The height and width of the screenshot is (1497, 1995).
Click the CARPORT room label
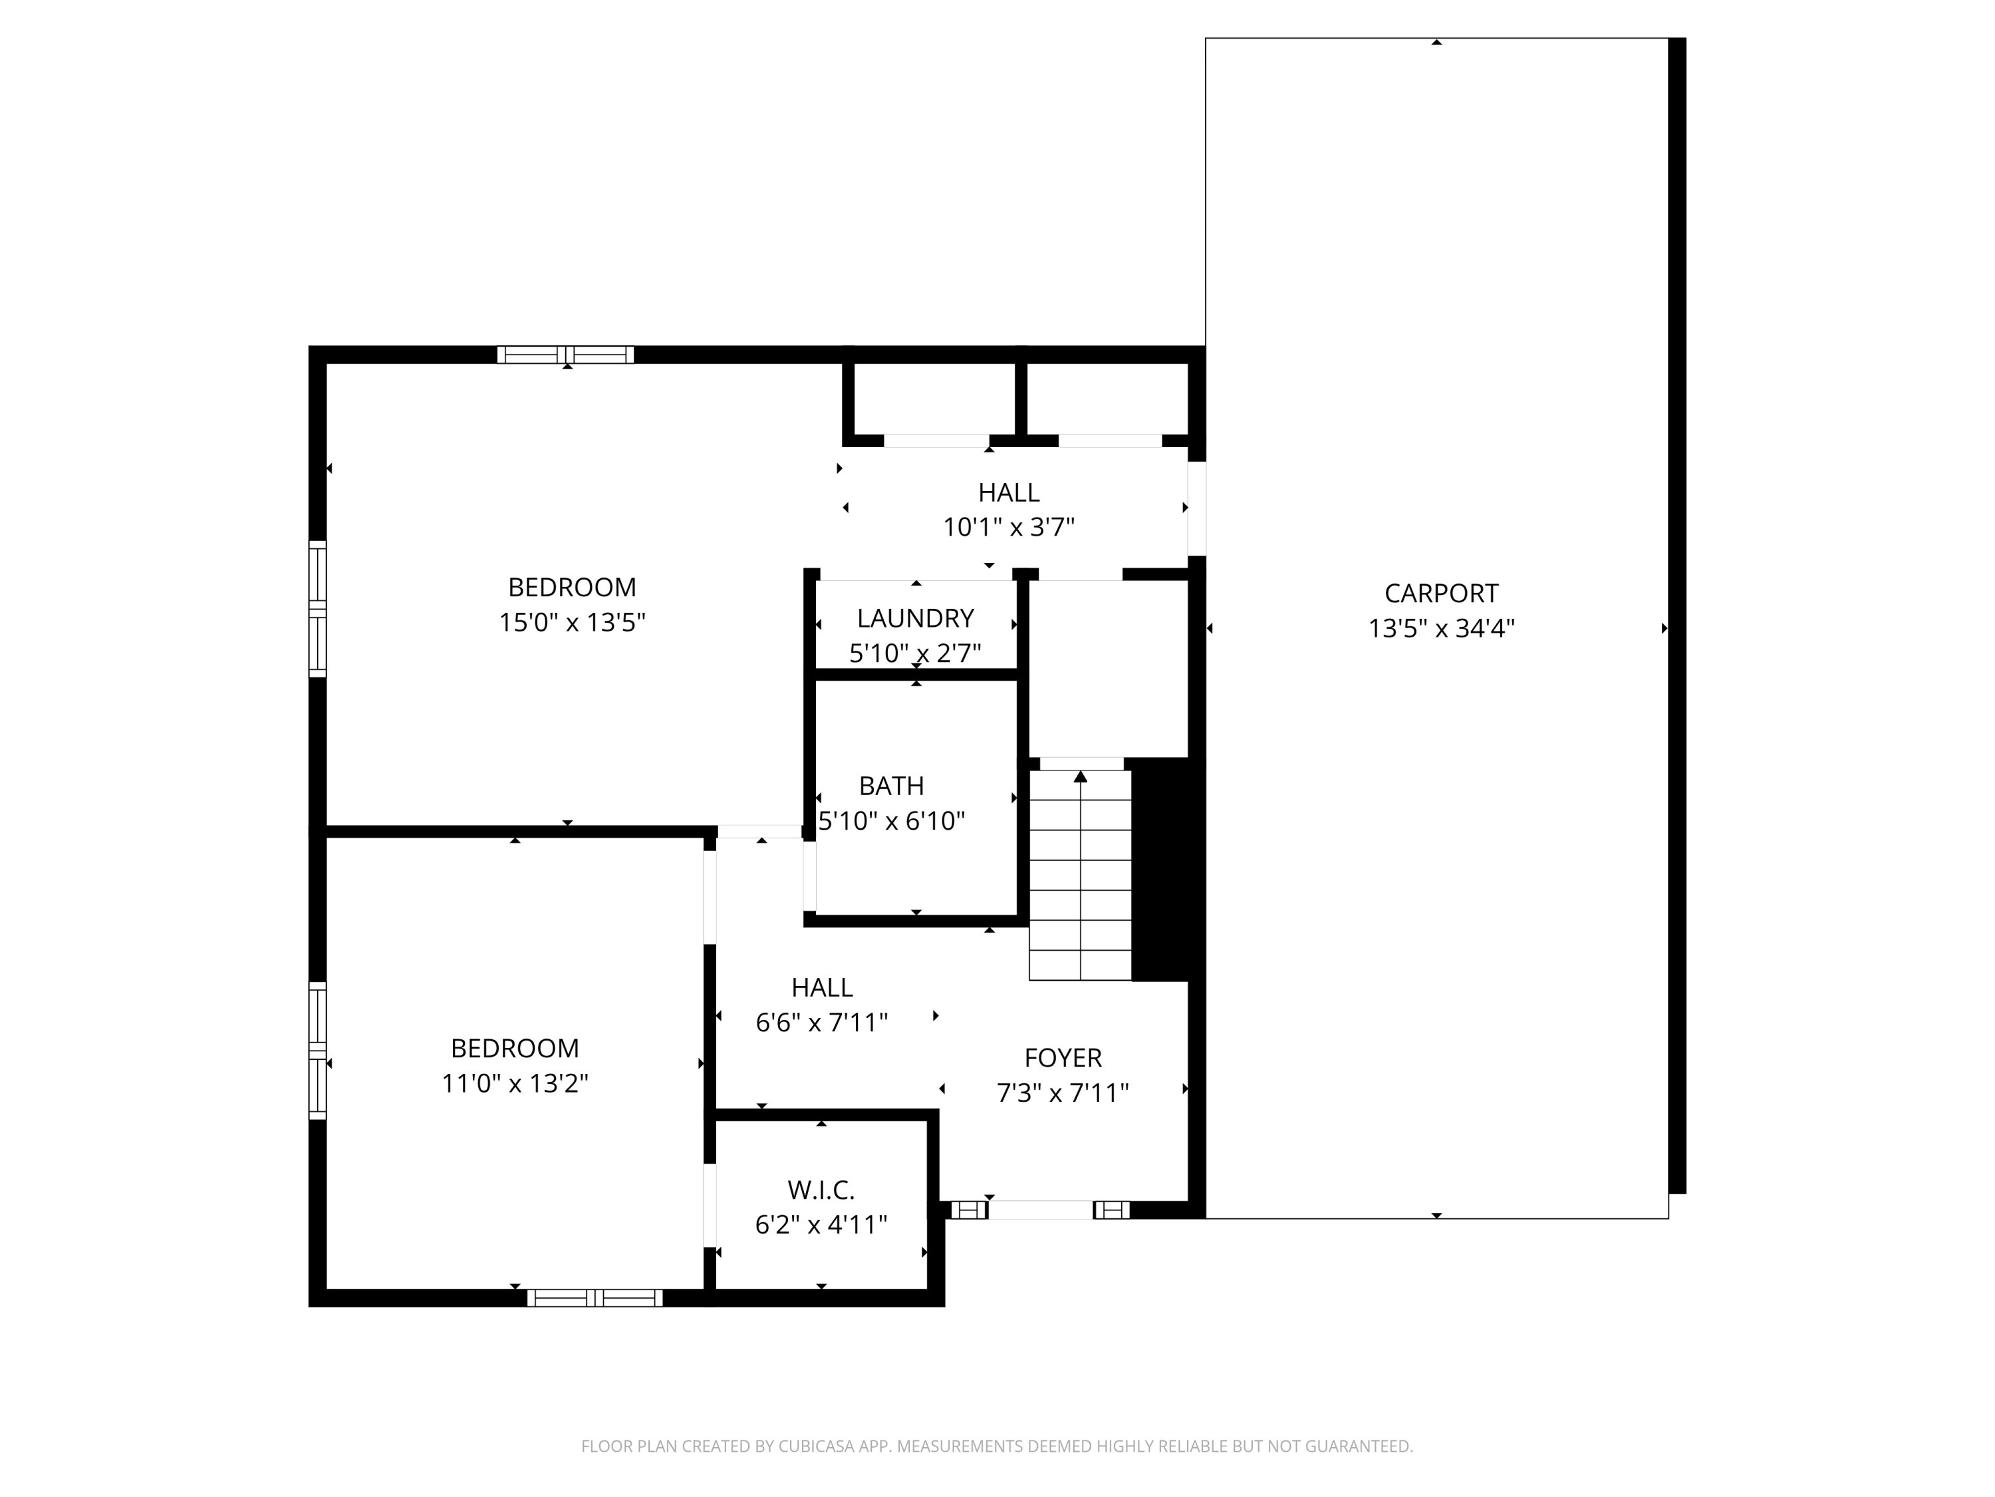pyautogui.click(x=1440, y=593)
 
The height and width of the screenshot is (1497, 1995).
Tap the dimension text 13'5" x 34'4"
pyautogui.click(x=1440, y=628)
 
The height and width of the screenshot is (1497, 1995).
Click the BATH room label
pyautogui.click(x=891, y=786)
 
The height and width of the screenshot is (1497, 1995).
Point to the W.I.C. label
pyautogui.click(x=821, y=1190)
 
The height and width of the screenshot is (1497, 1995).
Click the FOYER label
pyautogui.click(x=1063, y=1058)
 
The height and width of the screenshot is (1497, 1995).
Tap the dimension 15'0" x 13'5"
pyautogui.click(x=572, y=623)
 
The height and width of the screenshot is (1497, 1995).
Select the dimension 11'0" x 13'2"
pyautogui.click(x=514, y=1082)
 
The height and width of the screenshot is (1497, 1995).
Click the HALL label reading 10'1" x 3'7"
pyautogui.click(x=1008, y=493)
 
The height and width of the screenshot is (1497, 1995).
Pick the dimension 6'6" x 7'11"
pyautogui.click(x=821, y=1023)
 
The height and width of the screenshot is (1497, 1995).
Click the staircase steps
pyautogui.click(x=1079, y=889)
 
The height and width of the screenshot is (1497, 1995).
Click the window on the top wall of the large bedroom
pyautogui.click(x=565, y=355)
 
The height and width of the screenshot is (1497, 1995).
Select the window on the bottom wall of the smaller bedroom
pyautogui.click(x=595, y=1297)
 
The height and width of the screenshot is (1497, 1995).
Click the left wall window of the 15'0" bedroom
pyautogui.click(x=317, y=608)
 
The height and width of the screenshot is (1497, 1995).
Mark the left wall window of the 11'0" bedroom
pyautogui.click(x=317, y=1051)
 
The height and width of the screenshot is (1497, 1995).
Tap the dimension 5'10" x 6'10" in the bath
pyautogui.click(x=891, y=821)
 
